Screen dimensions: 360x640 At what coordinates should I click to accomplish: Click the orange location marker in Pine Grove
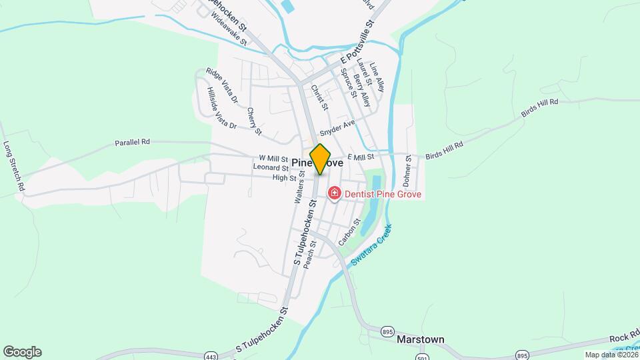pyautogui.click(x=321, y=159)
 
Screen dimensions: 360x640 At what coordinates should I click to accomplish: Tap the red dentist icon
pyautogui.click(x=334, y=194)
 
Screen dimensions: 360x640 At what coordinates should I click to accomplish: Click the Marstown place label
pyautogui.click(x=420, y=339)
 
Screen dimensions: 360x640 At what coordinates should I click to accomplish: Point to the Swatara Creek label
pyautogui.click(x=371, y=246)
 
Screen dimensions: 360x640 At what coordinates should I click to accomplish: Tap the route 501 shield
pyautogui.click(x=421, y=358)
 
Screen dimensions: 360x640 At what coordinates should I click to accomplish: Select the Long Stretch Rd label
pyautogui.click(x=14, y=167)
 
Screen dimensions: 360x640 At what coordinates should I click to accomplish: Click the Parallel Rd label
pyautogui.click(x=132, y=142)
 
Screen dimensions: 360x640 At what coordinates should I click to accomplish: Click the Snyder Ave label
pyautogui.click(x=337, y=127)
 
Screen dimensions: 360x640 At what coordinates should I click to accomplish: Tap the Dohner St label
pyautogui.click(x=407, y=173)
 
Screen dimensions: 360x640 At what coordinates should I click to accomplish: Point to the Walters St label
pyautogui.click(x=299, y=190)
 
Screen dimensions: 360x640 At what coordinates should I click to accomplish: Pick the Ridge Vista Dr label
pyautogui.click(x=222, y=87)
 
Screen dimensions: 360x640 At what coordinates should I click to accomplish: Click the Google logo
pyautogui.click(x=22, y=352)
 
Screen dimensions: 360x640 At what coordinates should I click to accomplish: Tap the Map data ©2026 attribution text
pyautogui.click(x=611, y=355)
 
